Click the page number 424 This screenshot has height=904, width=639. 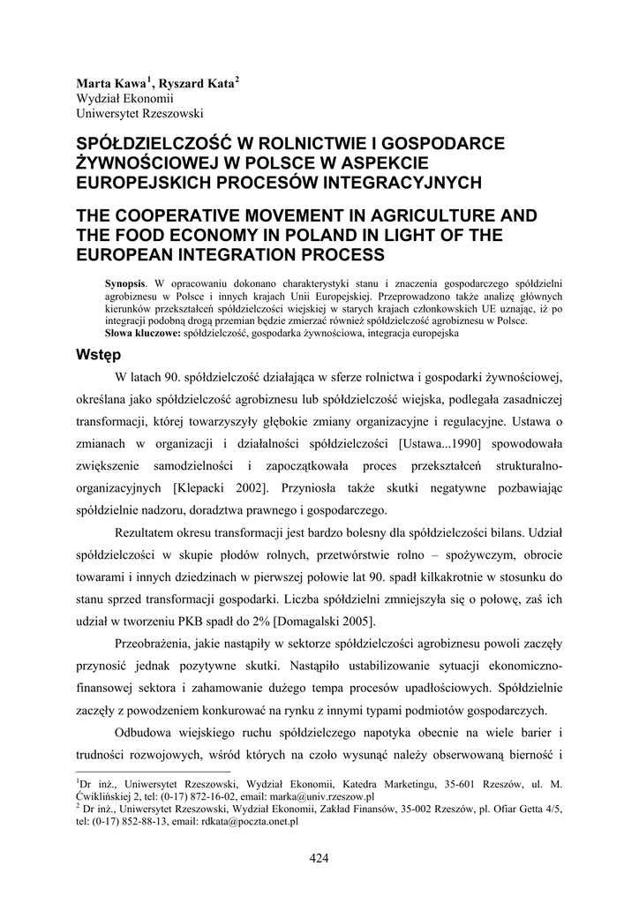tap(319, 856)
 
